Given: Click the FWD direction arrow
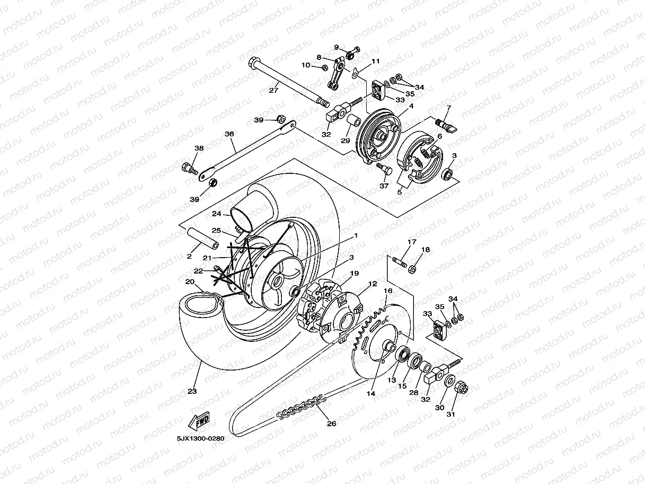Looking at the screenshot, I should pos(199,422).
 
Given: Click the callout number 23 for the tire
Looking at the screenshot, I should pos(192,391).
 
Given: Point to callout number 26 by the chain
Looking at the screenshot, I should pos(331,423).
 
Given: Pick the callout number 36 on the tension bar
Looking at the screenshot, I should pos(229,134).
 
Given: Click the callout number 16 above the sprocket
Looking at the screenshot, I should pos(388,291).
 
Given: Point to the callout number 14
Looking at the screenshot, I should pos(370,393).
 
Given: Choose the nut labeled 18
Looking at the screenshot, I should pos(413,269).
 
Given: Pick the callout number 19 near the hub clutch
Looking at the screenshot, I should pos(355,273).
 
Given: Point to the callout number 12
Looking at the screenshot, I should pos(373,284).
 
